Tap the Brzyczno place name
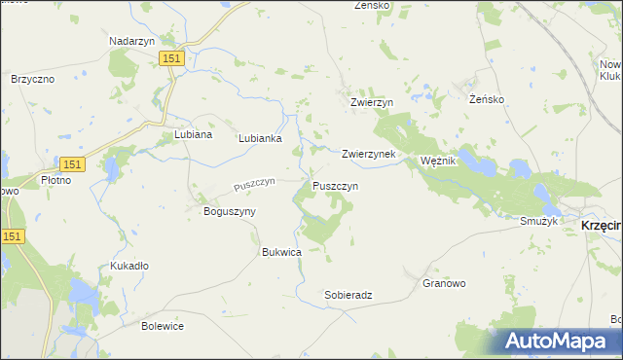click(x=32, y=79)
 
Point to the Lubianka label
click(x=260, y=138)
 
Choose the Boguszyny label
click(x=229, y=211)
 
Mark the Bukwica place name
click(x=281, y=252)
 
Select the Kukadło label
click(x=129, y=265)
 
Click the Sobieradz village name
click(x=348, y=294)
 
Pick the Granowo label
click(x=444, y=283)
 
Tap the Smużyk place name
click(x=538, y=222)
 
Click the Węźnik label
click(x=437, y=161)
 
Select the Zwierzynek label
click(x=368, y=154)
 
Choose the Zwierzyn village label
click(x=371, y=102)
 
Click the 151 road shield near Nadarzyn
click(x=172, y=59)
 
